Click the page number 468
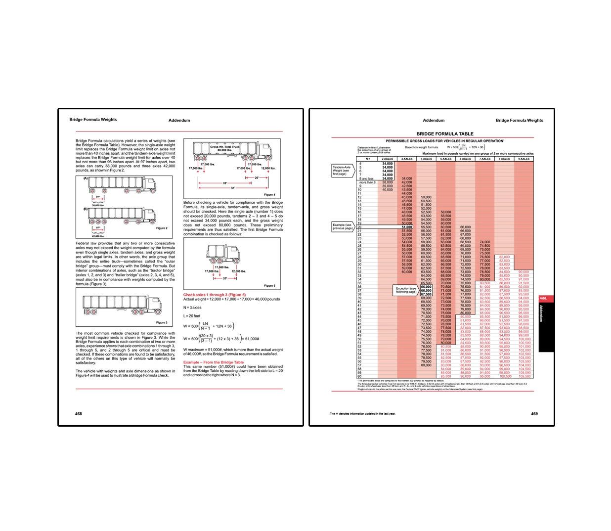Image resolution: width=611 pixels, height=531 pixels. point(78,413)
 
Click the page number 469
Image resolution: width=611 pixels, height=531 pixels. point(534,413)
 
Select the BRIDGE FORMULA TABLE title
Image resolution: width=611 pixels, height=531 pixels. point(444,133)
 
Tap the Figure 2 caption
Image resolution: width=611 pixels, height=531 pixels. point(162,228)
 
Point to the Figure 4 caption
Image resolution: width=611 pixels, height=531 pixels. point(269,194)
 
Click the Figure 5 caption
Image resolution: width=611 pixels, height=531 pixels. point(269,285)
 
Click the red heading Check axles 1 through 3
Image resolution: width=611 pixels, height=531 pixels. point(214,295)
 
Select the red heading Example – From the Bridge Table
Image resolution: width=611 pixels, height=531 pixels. point(214,362)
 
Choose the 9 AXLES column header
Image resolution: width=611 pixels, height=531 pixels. point(524,159)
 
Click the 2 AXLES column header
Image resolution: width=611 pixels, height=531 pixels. point(387,159)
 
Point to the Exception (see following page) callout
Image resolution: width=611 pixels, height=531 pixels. point(406,290)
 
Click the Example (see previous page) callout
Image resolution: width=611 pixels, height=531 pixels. point(342,226)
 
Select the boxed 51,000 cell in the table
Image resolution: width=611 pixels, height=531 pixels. point(406,227)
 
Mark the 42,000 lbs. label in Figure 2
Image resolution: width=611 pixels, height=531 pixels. point(98,236)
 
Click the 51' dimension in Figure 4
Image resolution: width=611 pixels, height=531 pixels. point(233,188)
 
